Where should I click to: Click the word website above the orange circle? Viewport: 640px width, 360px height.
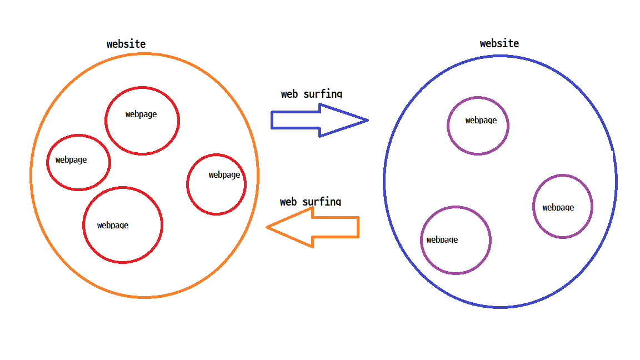(126, 44)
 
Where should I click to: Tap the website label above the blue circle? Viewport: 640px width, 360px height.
(499, 43)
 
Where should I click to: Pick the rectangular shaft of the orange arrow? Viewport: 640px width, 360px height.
(336, 227)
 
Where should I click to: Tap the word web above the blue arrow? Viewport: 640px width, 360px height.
(289, 94)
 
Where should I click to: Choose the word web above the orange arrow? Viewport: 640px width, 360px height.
(288, 202)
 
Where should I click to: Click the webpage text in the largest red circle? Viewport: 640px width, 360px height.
(113, 225)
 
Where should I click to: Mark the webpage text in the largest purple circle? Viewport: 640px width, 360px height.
(442, 240)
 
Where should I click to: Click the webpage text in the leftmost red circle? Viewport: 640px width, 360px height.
(71, 160)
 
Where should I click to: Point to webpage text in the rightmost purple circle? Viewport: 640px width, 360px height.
(558, 208)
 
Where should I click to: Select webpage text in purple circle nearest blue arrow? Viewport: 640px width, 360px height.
(481, 120)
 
